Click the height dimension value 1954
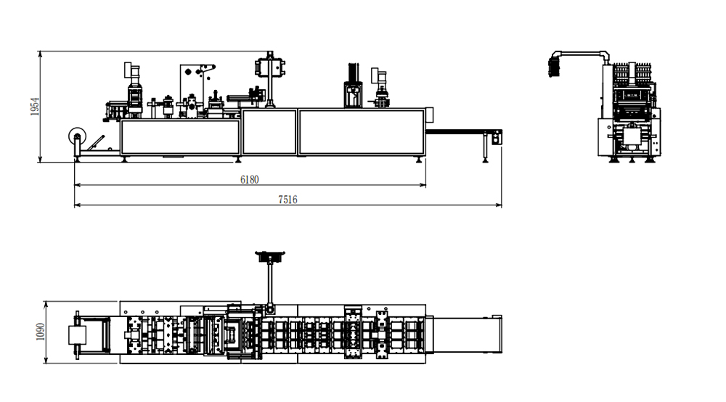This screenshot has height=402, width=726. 34,107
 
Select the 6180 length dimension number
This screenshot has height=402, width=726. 250,179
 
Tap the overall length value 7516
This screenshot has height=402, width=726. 287,200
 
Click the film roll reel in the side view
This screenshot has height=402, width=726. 76,136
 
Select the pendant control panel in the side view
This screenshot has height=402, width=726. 268,67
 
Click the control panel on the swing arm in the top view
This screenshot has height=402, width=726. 271,256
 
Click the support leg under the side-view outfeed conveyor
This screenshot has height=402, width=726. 484,148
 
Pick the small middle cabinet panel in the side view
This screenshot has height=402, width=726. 269,131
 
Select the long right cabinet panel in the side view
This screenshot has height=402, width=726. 361,131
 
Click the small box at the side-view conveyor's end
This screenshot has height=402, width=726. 497,136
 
